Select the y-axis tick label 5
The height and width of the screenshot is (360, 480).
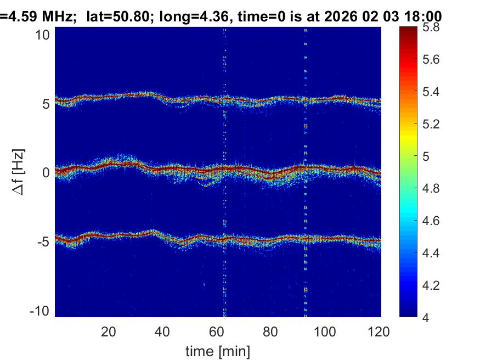tap(47, 103)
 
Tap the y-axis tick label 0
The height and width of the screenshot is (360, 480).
tap(47, 172)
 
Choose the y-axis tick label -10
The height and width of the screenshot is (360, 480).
tap(41, 310)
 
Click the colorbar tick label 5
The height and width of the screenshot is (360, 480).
tap(428, 157)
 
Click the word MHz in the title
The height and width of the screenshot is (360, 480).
tap(58, 17)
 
